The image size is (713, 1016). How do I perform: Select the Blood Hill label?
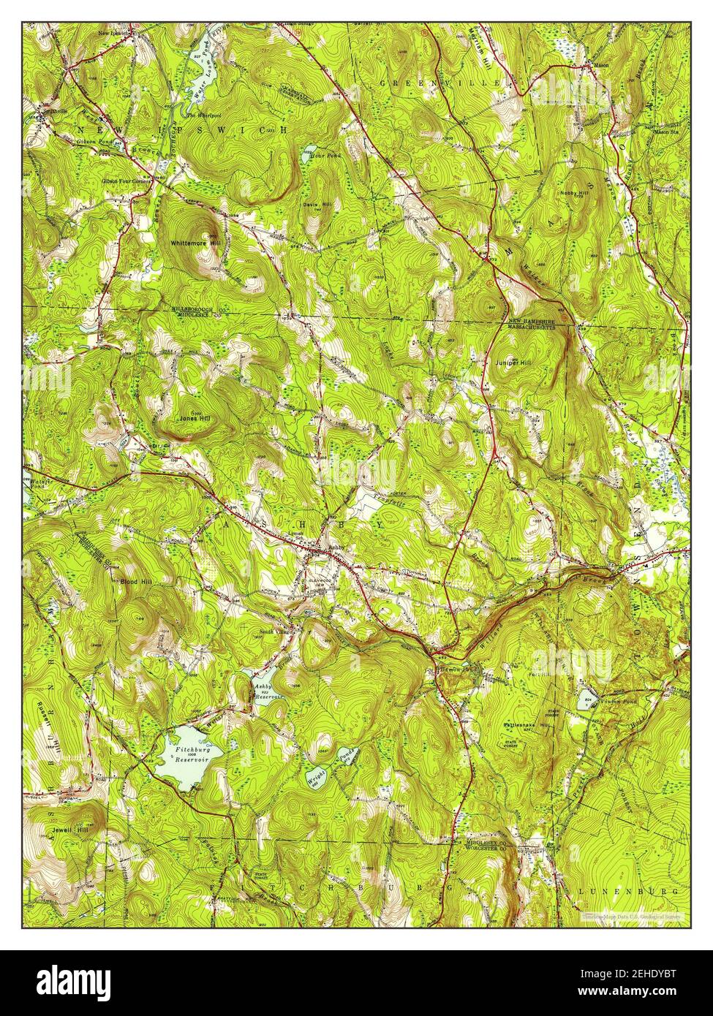coord(132,581)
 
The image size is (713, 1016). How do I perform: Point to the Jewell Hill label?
coord(70,830)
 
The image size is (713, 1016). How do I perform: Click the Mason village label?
coord(600,66)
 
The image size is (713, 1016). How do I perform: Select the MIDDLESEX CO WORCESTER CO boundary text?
coord(493,846)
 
